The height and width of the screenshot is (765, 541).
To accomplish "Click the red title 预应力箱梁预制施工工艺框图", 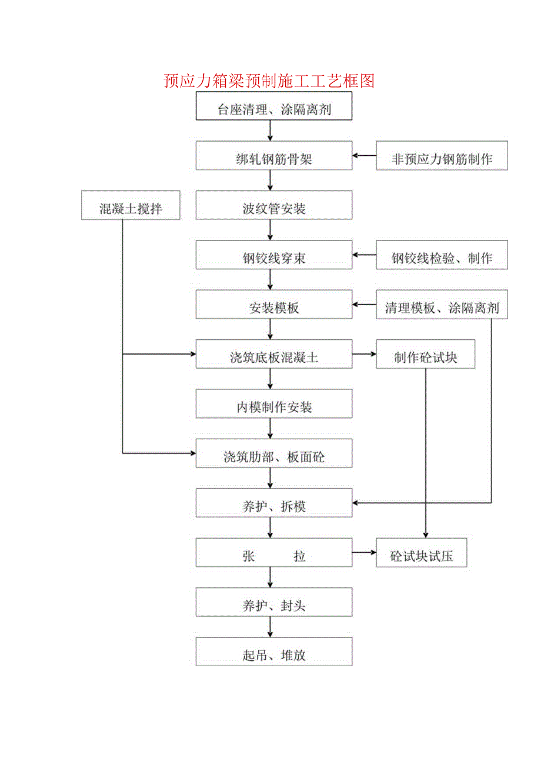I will tap(269, 81).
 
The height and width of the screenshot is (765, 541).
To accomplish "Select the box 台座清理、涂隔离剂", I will tap(274, 109).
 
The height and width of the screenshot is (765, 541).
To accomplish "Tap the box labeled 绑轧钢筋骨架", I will tap(274, 159).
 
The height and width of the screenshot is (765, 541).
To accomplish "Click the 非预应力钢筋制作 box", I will tap(442, 159).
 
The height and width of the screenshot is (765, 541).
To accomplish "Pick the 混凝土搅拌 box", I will tap(131, 209).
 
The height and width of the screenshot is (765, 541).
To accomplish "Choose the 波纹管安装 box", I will tap(274, 209).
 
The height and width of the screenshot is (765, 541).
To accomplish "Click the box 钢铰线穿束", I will tap(274, 258).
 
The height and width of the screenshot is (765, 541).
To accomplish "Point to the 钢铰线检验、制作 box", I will tap(442, 258).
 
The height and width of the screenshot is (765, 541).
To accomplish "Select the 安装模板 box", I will tap(274, 308).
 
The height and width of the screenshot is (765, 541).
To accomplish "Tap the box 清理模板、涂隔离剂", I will tap(442, 308).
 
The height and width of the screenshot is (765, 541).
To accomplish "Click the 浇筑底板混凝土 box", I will tap(274, 358).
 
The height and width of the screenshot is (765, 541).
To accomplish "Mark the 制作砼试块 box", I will tap(425, 358).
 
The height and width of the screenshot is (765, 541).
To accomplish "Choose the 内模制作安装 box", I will tap(274, 407).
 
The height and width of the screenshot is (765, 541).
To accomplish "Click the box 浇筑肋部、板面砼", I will tap(274, 457).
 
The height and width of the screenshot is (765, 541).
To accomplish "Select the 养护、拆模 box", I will tap(274, 506).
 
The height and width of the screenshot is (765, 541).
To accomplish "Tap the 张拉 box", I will tap(274, 556).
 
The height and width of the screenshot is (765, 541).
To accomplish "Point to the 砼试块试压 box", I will tap(421, 556).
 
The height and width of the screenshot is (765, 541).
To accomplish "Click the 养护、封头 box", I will tap(274, 606).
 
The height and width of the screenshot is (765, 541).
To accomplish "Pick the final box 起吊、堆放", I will tap(274, 655).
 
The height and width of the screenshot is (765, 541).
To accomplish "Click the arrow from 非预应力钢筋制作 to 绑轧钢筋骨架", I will tap(365, 156).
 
